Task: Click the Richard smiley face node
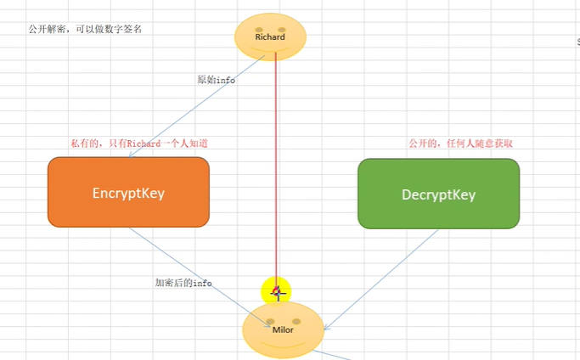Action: pyautogui.click(x=270, y=37)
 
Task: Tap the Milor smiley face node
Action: pyautogui.click(x=283, y=329)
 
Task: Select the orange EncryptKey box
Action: pyautogui.click(x=128, y=193)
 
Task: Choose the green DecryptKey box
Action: pyautogui.click(x=438, y=194)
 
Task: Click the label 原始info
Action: pyautogui.click(x=216, y=80)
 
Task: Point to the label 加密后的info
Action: pyautogui.click(x=183, y=283)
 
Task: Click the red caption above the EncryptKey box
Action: pyautogui.click(x=139, y=143)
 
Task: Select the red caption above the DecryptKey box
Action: pyautogui.click(x=460, y=143)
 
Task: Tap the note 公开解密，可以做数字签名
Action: pyautogui.click(x=85, y=29)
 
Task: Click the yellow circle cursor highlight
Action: pyautogui.click(x=276, y=291)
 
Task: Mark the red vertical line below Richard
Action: pyautogui.click(x=276, y=170)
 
